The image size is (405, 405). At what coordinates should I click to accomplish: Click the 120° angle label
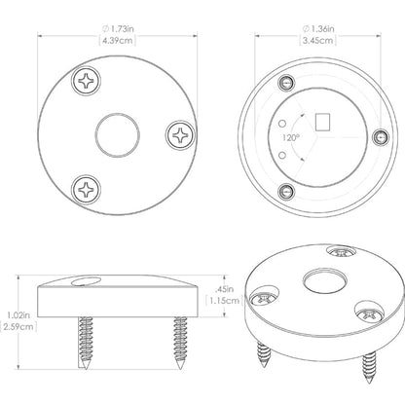click(290, 137)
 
